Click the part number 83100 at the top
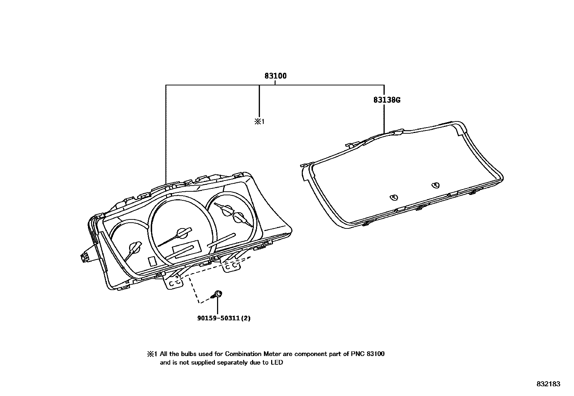(275, 76)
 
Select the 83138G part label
(387, 100)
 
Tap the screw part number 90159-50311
(218, 318)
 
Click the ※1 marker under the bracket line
(259, 121)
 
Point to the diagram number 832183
(548, 384)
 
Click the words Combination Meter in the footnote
(253, 354)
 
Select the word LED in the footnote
(277, 362)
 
